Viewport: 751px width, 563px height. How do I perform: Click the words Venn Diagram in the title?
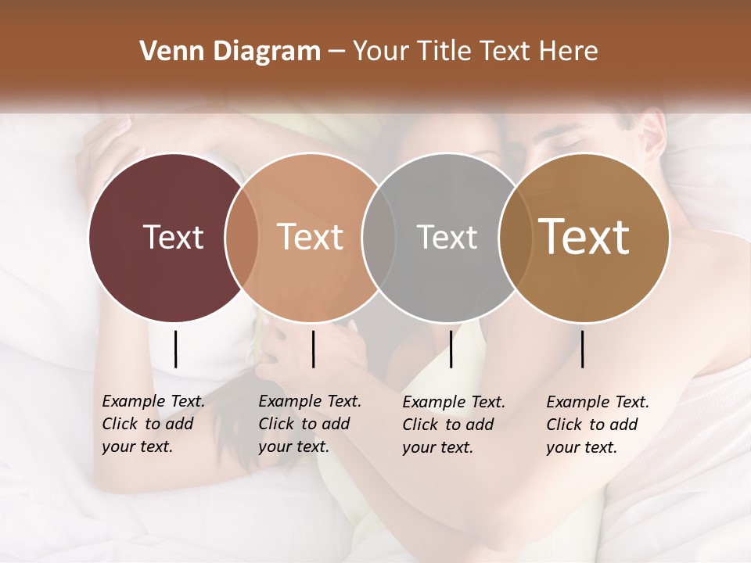pos(230,52)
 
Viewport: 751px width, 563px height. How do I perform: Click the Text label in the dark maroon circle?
pos(173,237)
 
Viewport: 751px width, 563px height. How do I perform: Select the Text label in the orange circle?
pos(311,237)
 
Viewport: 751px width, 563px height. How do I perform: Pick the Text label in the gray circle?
pos(447,237)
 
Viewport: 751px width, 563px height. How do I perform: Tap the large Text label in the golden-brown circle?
pos(584,237)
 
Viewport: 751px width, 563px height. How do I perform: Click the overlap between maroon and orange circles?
pos(243,237)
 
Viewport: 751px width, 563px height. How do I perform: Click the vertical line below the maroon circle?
pos(175,349)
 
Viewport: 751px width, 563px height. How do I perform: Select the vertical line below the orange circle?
pos(313,349)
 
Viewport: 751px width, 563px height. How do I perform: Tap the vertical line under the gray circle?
pos(451,349)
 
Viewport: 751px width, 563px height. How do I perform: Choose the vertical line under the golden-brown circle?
pos(582,349)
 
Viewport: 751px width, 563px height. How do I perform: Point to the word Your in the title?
pos(380,52)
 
